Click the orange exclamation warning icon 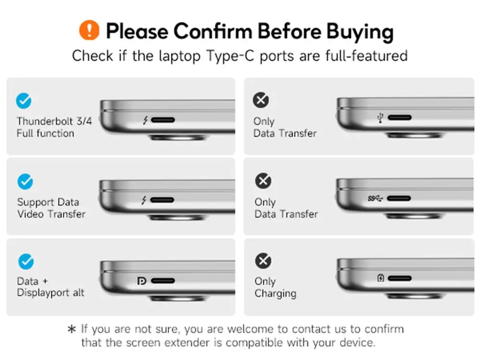pyautogui.click(x=89, y=30)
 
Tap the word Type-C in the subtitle pyautogui.click(x=230, y=56)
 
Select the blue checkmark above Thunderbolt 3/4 pyautogui.click(x=24, y=101)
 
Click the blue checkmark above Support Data pyautogui.click(x=25, y=181)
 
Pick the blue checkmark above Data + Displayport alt pyautogui.click(x=26, y=262)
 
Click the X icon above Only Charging pyautogui.click(x=263, y=261)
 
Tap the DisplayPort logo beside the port pyautogui.click(x=142, y=281)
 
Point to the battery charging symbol pyautogui.click(x=381, y=278)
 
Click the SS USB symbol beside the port pyautogui.click(x=375, y=199)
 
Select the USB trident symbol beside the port pyautogui.click(x=381, y=118)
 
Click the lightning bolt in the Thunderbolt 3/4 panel pyautogui.click(x=145, y=120)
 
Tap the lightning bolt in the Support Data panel pyautogui.click(x=144, y=201)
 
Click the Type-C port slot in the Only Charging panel pyautogui.click(x=399, y=278)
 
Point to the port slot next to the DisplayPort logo pyautogui.click(x=163, y=281)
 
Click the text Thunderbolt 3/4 pyautogui.click(x=54, y=121)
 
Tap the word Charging pyautogui.click(x=275, y=294)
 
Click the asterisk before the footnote pyautogui.click(x=72, y=329)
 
